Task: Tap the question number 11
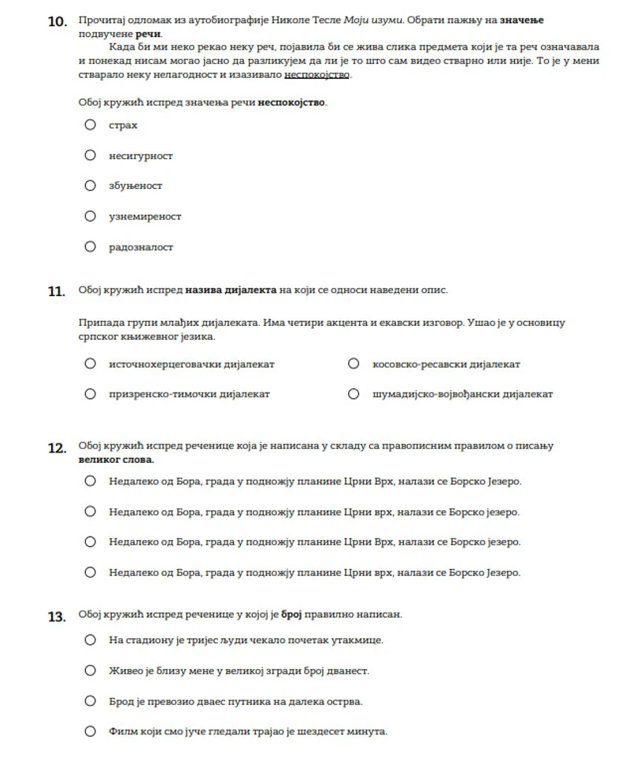pyautogui.click(x=56, y=291)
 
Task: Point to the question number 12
pyautogui.click(x=57, y=448)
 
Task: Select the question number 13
pyautogui.click(x=57, y=617)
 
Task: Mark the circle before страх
pyautogui.click(x=91, y=124)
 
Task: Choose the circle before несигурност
pyautogui.click(x=91, y=155)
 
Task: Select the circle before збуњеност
pyautogui.click(x=91, y=186)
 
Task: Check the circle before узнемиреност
pyautogui.click(x=91, y=216)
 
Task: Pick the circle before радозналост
pyautogui.click(x=91, y=246)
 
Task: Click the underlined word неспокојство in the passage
pyautogui.click(x=317, y=76)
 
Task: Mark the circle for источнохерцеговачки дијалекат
pyautogui.click(x=91, y=364)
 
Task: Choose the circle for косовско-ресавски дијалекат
pyautogui.click(x=354, y=364)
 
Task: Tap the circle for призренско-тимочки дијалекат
pyautogui.click(x=91, y=393)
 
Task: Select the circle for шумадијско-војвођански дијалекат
pyautogui.click(x=354, y=393)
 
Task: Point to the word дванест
pyautogui.click(x=350, y=670)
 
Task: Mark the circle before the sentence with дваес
pyautogui.click(x=91, y=700)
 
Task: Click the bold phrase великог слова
pyautogui.click(x=116, y=459)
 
